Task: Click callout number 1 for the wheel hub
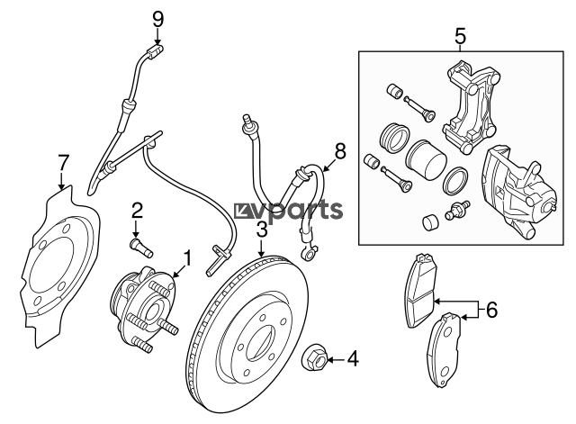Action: pyautogui.click(x=187, y=259)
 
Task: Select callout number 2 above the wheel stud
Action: pyautogui.click(x=137, y=212)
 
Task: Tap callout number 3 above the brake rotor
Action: pyautogui.click(x=261, y=230)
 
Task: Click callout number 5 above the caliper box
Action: pyautogui.click(x=460, y=37)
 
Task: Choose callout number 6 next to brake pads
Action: pyautogui.click(x=491, y=311)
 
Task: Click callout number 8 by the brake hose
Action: pyautogui.click(x=340, y=149)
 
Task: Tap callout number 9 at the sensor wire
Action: pyautogui.click(x=157, y=18)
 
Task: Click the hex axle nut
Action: pyautogui.click(x=317, y=357)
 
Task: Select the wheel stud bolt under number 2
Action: pyautogui.click(x=139, y=244)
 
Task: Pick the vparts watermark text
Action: pyautogui.click(x=288, y=211)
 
